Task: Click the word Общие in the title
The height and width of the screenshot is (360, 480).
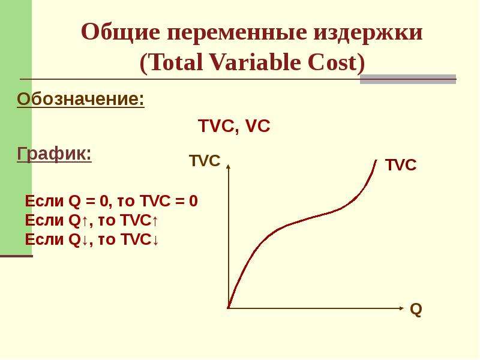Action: [x=121, y=32]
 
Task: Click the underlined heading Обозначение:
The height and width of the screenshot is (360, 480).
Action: [x=80, y=100]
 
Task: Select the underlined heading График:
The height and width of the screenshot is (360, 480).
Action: [x=54, y=154]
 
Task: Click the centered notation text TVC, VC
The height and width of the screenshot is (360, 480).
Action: [x=234, y=126]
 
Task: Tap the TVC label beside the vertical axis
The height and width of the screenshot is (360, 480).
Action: [x=205, y=161]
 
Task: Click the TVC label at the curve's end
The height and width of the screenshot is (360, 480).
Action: [x=401, y=165]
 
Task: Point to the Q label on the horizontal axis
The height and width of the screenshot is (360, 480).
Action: [x=416, y=310]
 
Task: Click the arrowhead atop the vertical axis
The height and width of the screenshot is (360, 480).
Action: [x=228, y=166]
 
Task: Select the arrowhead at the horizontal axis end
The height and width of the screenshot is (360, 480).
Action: [x=401, y=308]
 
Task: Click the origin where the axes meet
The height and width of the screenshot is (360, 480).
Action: [x=228, y=308]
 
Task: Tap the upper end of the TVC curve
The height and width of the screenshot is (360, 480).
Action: [x=376, y=160]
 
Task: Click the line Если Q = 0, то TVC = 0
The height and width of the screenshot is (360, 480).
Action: [x=112, y=201]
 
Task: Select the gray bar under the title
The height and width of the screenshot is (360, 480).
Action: [x=408, y=79]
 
